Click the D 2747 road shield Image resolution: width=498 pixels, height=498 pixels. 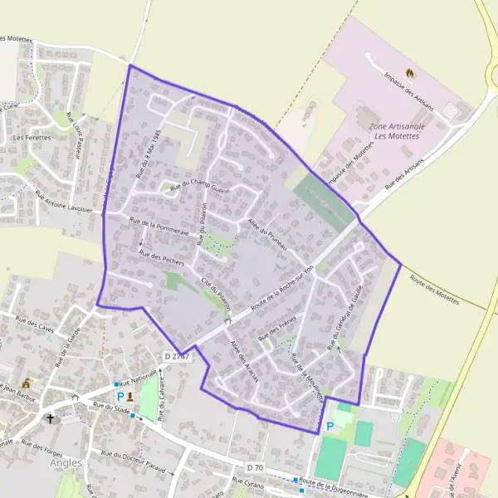pyautogui.click(x=176, y=357)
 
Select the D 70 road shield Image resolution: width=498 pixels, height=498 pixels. pyautogui.click(x=255, y=468)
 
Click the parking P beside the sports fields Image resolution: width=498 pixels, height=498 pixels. pyautogui.click(x=330, y=427)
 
